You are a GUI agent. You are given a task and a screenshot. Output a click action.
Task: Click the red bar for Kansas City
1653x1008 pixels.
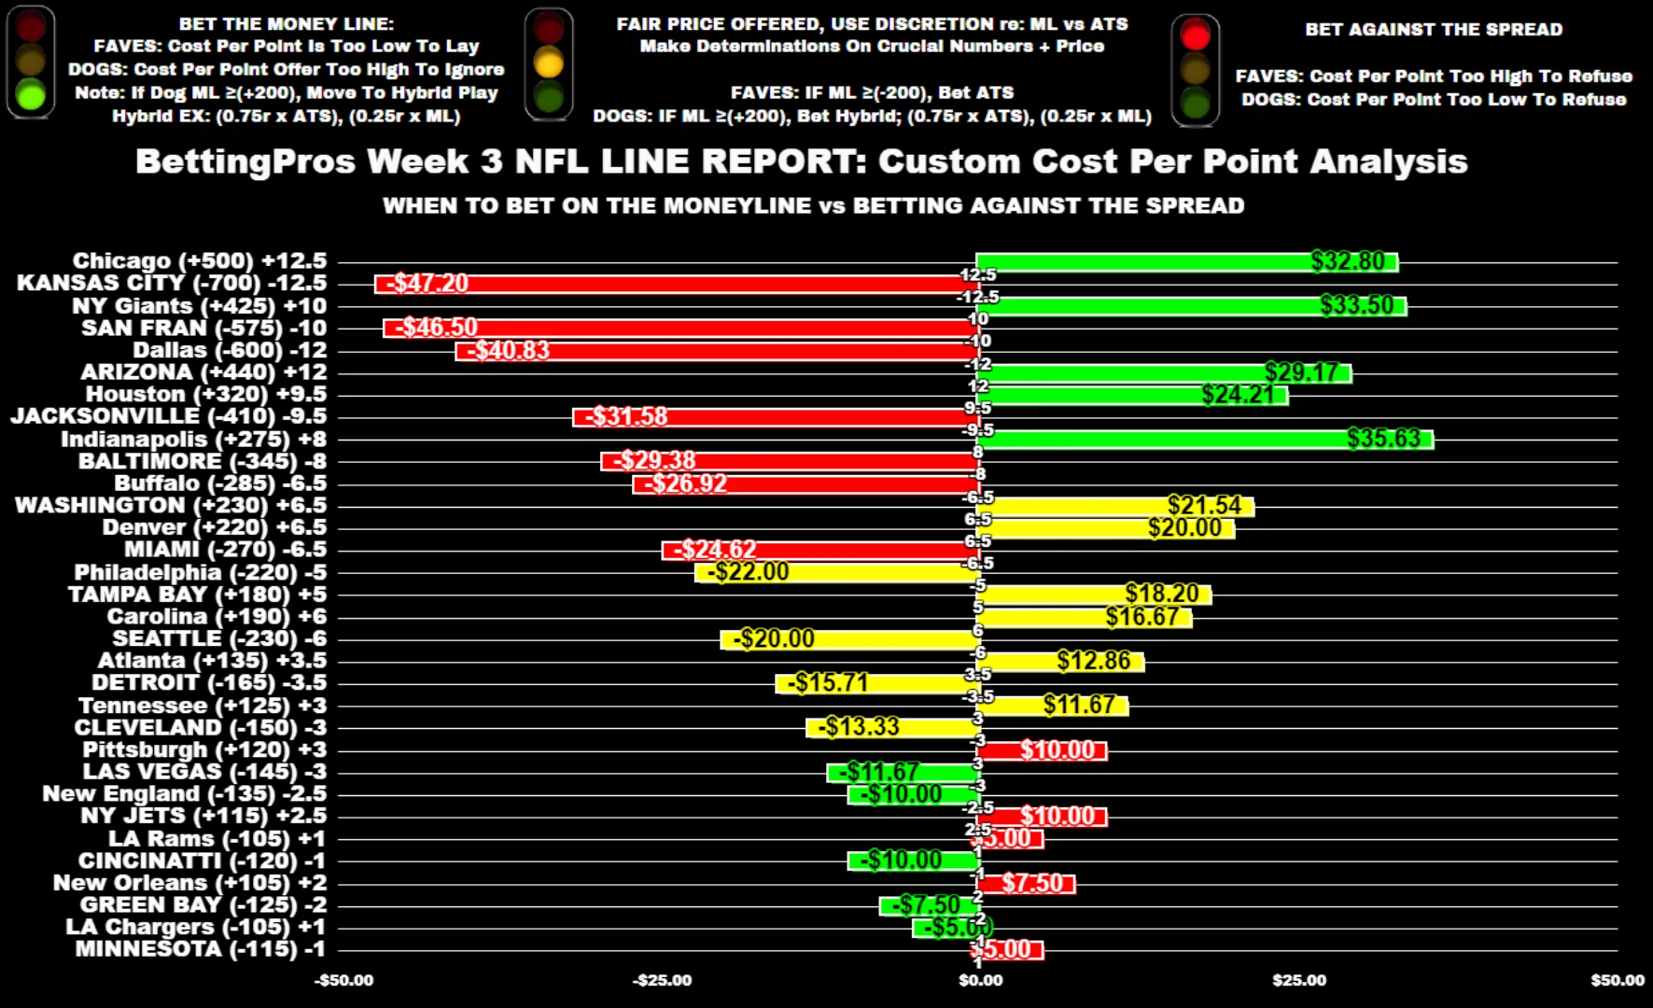tap(677, 284)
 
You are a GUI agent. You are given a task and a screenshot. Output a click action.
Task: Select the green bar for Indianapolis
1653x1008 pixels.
tap(1204, 440)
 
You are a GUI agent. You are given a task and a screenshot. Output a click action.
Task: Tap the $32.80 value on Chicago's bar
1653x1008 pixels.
tap(1347, 261)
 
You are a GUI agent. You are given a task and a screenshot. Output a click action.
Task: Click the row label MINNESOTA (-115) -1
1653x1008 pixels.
tap(201, 949)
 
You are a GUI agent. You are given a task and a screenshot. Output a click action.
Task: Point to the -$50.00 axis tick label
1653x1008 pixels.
tap(343, 980)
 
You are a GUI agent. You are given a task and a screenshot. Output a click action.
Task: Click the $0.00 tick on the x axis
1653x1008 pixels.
tap(980, 980)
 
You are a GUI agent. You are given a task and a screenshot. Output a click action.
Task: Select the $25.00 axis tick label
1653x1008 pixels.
tap(1298, 980)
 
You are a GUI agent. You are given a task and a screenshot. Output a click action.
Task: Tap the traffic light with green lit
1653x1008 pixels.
tap(31, 62)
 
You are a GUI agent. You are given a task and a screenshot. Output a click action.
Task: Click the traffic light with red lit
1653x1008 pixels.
tap(1195, 69)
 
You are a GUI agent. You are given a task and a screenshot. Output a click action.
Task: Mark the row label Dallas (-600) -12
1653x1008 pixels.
tap(230, 351)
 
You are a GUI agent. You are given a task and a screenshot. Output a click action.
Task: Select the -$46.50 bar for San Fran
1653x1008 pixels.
tap(681, 329)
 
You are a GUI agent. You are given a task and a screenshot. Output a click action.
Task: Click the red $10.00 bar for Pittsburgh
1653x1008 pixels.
tap(1042, 750)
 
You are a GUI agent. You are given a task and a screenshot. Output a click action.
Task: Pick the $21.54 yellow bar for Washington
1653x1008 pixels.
tap(1115, 506)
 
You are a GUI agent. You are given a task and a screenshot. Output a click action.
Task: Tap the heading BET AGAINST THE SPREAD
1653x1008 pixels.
tap(1433, 29)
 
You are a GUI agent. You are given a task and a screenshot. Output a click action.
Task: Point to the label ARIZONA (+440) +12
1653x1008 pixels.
tap(203, 372)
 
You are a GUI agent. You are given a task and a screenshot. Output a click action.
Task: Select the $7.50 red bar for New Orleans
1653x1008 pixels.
tap(1026, 883)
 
